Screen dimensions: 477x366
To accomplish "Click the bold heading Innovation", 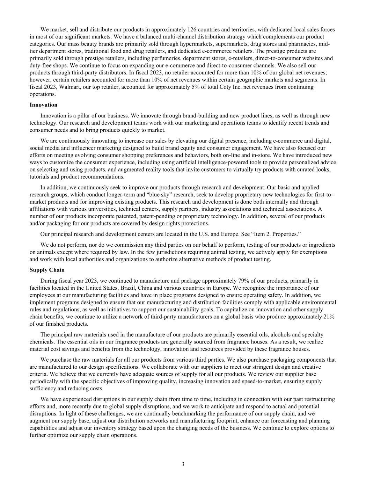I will tap(43, 105).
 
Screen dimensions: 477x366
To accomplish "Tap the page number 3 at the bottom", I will tap(183, 464).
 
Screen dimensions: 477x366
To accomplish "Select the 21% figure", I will tap(329, 317).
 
